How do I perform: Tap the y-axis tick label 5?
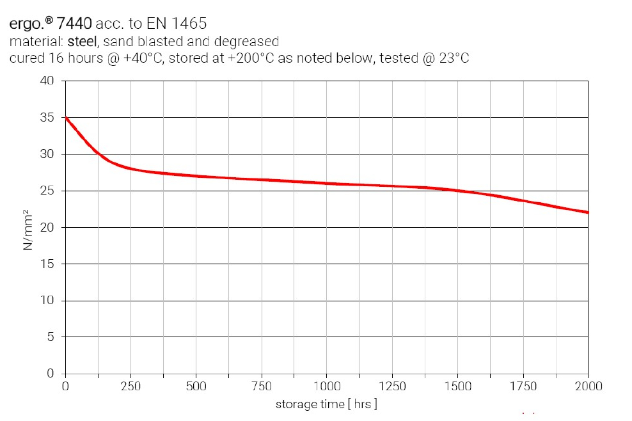(51, 337)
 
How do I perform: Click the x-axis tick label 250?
(130, 386)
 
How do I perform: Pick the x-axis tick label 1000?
(327, 386)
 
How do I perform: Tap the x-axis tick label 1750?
(523, 386)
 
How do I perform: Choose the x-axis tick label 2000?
(588, 386)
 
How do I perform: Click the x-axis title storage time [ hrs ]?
(326, 404)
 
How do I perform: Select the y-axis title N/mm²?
(28, 228)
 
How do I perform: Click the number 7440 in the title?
(75, 24)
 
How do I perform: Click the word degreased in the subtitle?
(249, 42)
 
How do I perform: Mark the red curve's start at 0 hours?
(65, 118)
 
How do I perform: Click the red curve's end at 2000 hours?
(587, 212)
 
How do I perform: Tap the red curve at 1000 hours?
(327, 184)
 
